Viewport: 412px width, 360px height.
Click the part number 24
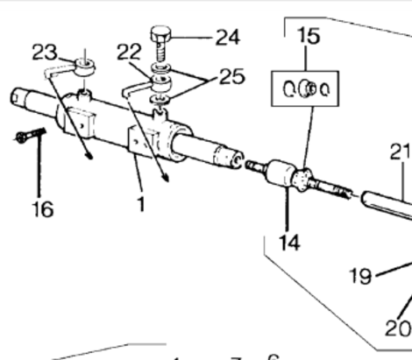[x=227, y=38]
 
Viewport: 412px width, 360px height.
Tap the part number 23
[x=45, y=50]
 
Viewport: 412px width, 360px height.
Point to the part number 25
[x=232, y=78]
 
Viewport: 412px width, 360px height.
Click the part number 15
[x=308, y=37]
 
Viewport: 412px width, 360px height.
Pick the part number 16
[x=41, y=209]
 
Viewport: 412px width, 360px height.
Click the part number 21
[x=401, y=152]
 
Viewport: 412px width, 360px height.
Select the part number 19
[x=360, y=277]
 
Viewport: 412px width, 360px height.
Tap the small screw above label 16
[x=27, y=137]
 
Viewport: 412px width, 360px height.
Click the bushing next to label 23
[x=85, y=64]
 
